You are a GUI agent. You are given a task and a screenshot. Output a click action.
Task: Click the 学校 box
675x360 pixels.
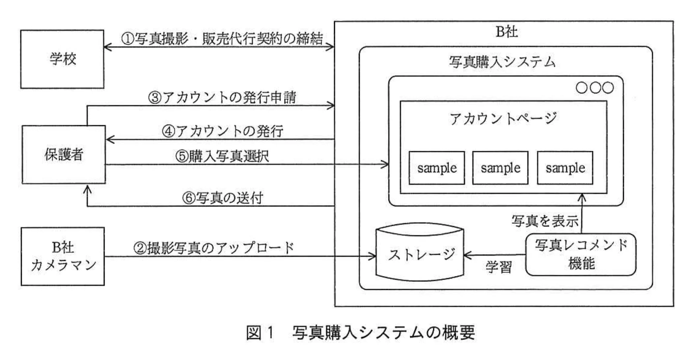pyautogui.click(x=62, y=59)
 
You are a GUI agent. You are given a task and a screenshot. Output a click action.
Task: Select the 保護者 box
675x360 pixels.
pyautogui.click(x=64, y=154)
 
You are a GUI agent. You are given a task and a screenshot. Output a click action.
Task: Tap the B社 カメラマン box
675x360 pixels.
pyautogui.click(x=63, y=256)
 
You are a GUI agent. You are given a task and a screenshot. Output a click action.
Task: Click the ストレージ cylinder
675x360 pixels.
pyautogui.click(x=420, y=254)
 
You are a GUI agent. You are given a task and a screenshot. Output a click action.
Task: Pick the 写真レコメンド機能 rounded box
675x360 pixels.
pyautogui.click(x=581, y=254)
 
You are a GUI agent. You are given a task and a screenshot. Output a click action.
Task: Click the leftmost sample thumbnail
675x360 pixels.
pyautogui.click(x=437, y=168)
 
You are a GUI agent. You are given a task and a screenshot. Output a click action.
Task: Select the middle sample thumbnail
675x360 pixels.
pyautogui.click(x=500, y=168)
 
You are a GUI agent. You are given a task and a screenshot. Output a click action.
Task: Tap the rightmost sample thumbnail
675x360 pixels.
pyautogui.click(x=565, y=168)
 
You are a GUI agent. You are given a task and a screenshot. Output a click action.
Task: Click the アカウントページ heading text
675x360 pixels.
pyautogui.click(x=503, y=118)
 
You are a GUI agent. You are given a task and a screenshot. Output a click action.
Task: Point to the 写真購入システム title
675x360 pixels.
pyautogui.click(x=502, y=62)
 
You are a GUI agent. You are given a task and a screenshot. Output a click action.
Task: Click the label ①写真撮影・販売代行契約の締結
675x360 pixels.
pyautogui.click(x=222, y=38)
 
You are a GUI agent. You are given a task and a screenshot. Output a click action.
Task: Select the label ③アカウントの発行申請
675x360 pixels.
pyautogui.click(x=222, y=97)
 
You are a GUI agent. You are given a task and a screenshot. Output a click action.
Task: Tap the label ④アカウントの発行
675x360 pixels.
pyautogui.click(x=222, y=131)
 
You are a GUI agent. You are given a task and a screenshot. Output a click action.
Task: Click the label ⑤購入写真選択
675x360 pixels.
pyautogui.click(x=222, y=156)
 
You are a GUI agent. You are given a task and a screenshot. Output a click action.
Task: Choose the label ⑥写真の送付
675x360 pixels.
pyautogui.click(x=222, y=198)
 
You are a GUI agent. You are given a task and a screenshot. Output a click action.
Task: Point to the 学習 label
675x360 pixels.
pyautogui.click(x=498, y=267)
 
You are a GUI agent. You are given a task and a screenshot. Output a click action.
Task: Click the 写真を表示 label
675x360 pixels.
pyautogui.click(x=544, y=221)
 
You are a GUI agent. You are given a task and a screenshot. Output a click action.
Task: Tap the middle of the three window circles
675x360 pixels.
pyautogui.click(x=595, y=87)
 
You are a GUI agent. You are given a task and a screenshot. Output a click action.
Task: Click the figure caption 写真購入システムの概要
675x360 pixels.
pyautogui.click(x=383, y=333)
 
